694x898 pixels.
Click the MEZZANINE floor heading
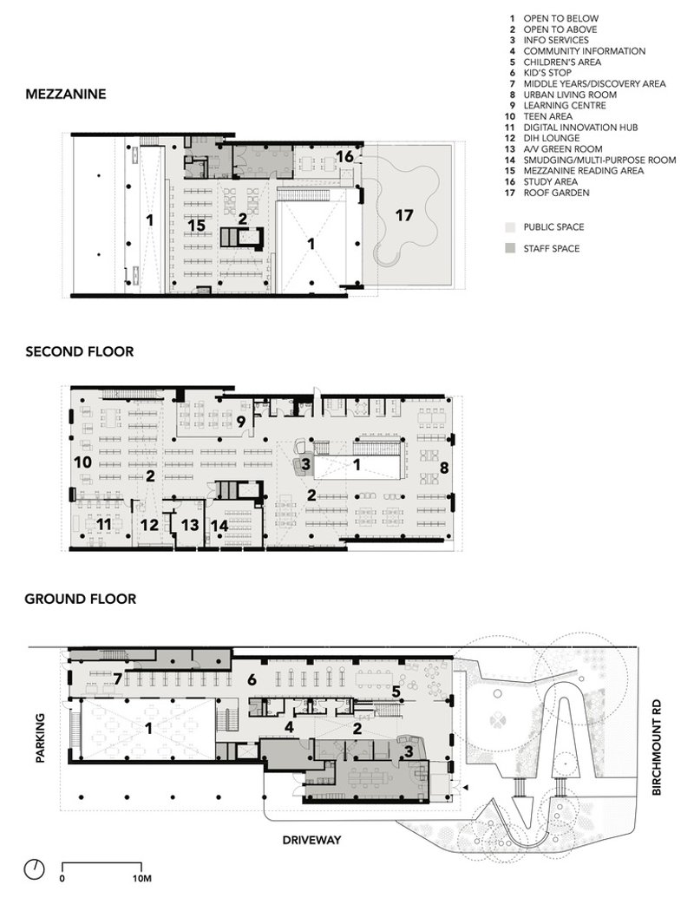click(x=66, y=94)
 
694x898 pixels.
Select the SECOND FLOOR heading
click(x=80, y=351)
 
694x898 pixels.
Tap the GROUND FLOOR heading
click(x=80, y=599)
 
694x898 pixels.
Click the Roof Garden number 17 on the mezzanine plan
click(x=404, y=215)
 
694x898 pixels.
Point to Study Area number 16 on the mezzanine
click(x=344, y=156)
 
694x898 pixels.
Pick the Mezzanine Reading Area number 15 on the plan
click(x=196, y=225)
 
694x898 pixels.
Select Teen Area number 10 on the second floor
click(x=83, y=462)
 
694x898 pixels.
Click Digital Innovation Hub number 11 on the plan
click(x=103, y=524)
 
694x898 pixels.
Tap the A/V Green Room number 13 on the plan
click(x=190, y=525)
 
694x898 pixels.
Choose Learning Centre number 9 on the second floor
click(x=241, y=422)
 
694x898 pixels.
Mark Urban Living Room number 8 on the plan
click(x=444, y=468)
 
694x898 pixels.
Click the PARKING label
click(x=40, y=737)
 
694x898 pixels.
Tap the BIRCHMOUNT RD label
click(x=656, y=747)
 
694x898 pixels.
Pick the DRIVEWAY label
click(x=311, y=840)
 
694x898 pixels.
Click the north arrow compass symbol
click(x=35, y=869)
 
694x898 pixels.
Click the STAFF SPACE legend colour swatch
click(x=511, y=248)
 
